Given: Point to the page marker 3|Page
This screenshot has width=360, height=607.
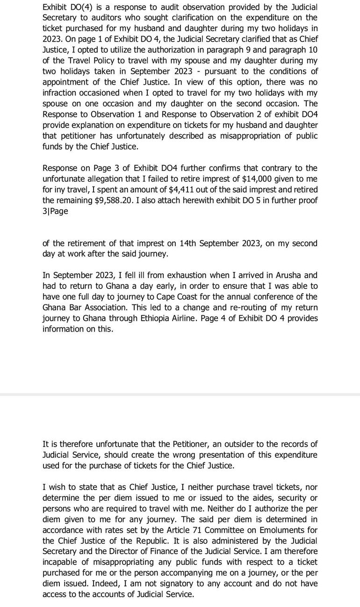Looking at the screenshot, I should tap(55, 211).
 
